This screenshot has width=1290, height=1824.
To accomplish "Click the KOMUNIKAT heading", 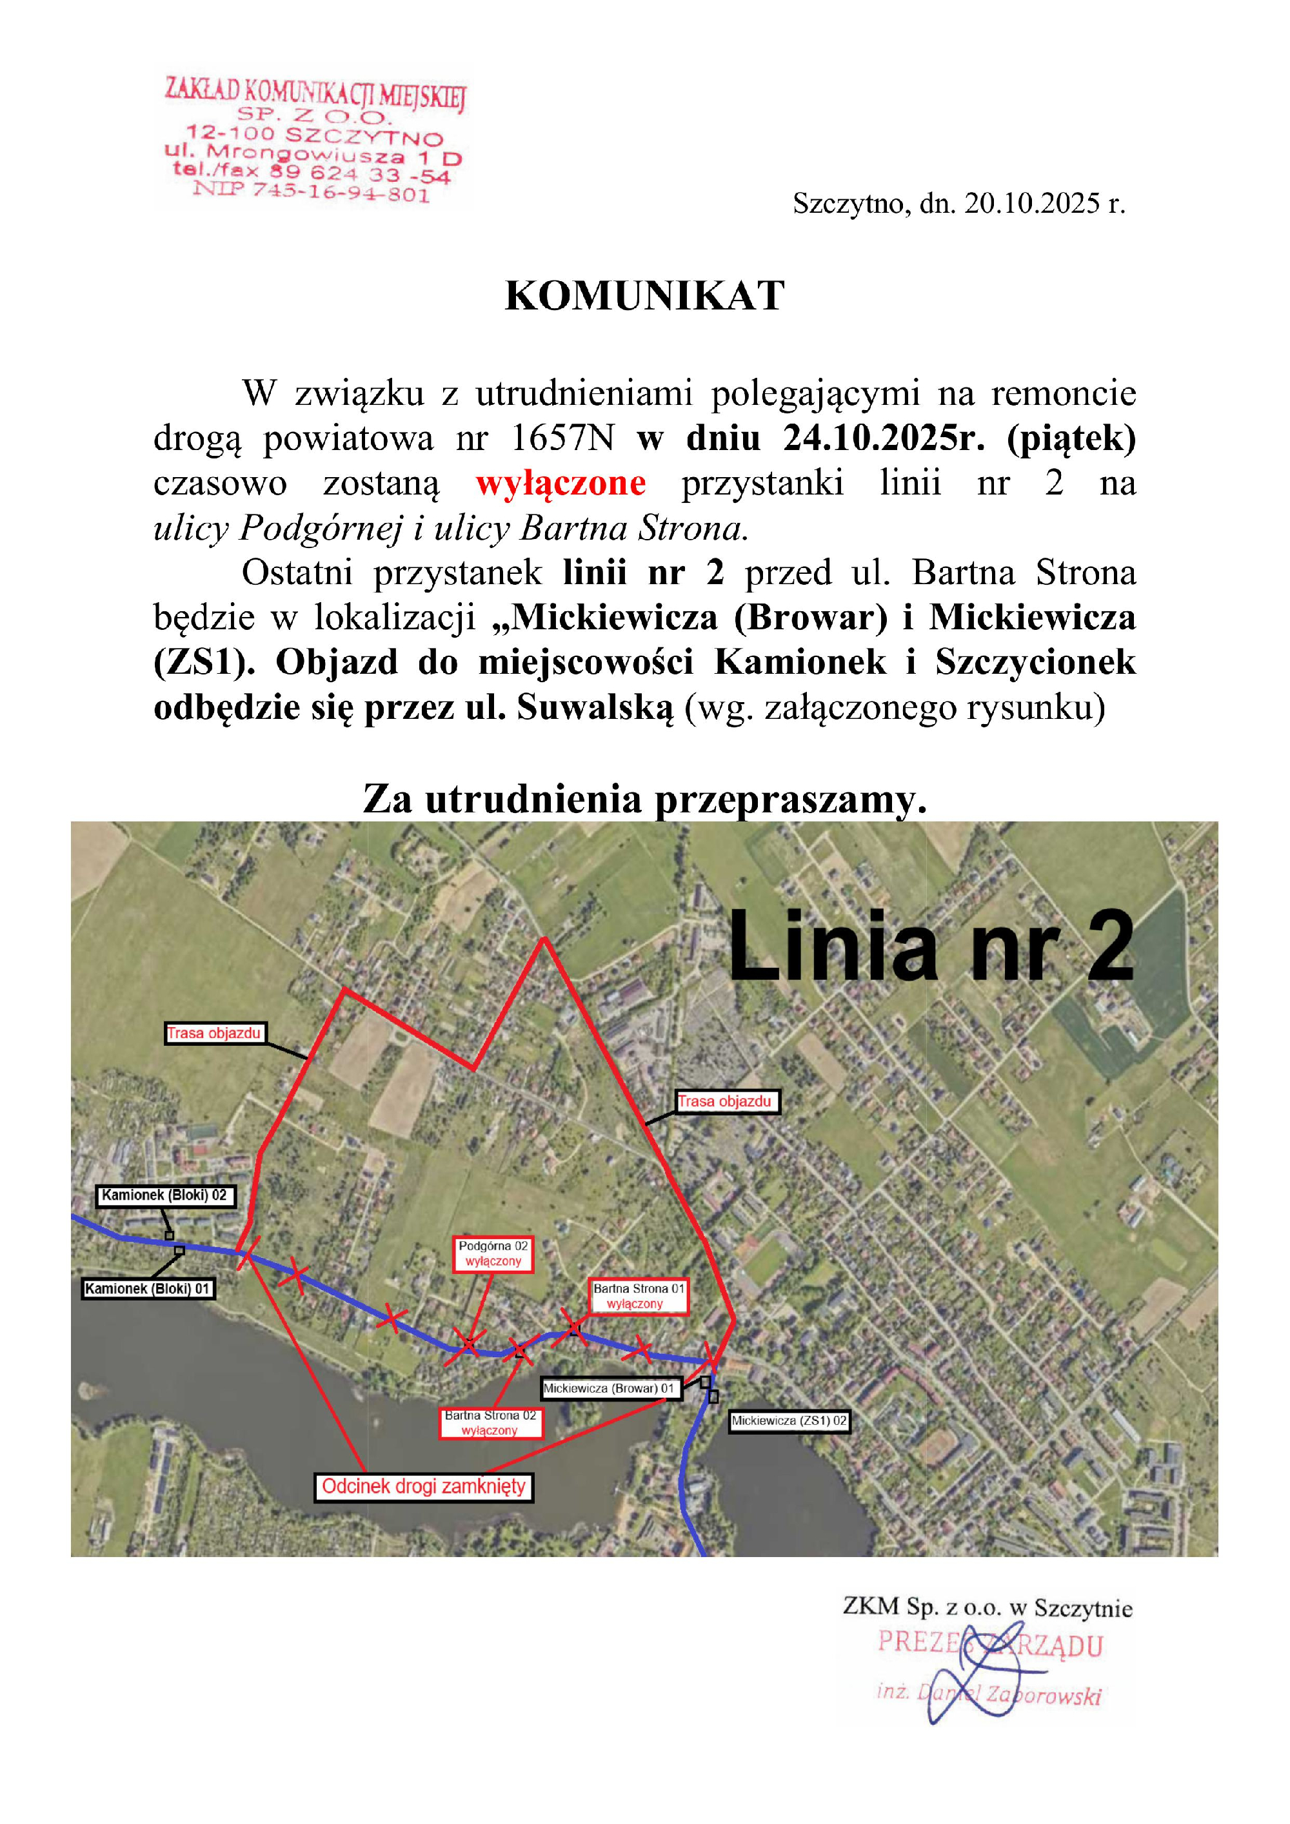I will tap(644, 297).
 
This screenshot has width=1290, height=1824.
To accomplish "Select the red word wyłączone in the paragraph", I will tap(561, 483).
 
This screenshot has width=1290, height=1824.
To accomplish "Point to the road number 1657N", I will tap(562, 438).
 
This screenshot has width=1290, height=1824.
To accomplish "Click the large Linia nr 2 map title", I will tap(930, 947).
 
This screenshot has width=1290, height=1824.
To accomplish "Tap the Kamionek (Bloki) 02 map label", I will tap(165, 1195).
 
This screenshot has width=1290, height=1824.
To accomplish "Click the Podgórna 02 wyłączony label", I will tap(493, 1253).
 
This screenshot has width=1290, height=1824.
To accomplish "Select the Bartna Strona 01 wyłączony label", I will tap(639, 1296).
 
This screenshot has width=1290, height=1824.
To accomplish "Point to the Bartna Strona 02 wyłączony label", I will tap(490, 1423).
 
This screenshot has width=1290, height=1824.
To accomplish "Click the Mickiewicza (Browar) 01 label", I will tap(610, 1388).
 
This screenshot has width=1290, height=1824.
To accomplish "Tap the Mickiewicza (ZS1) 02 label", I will tap(789, 1420).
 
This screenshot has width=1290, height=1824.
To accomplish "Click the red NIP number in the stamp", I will tap(311, 191).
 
